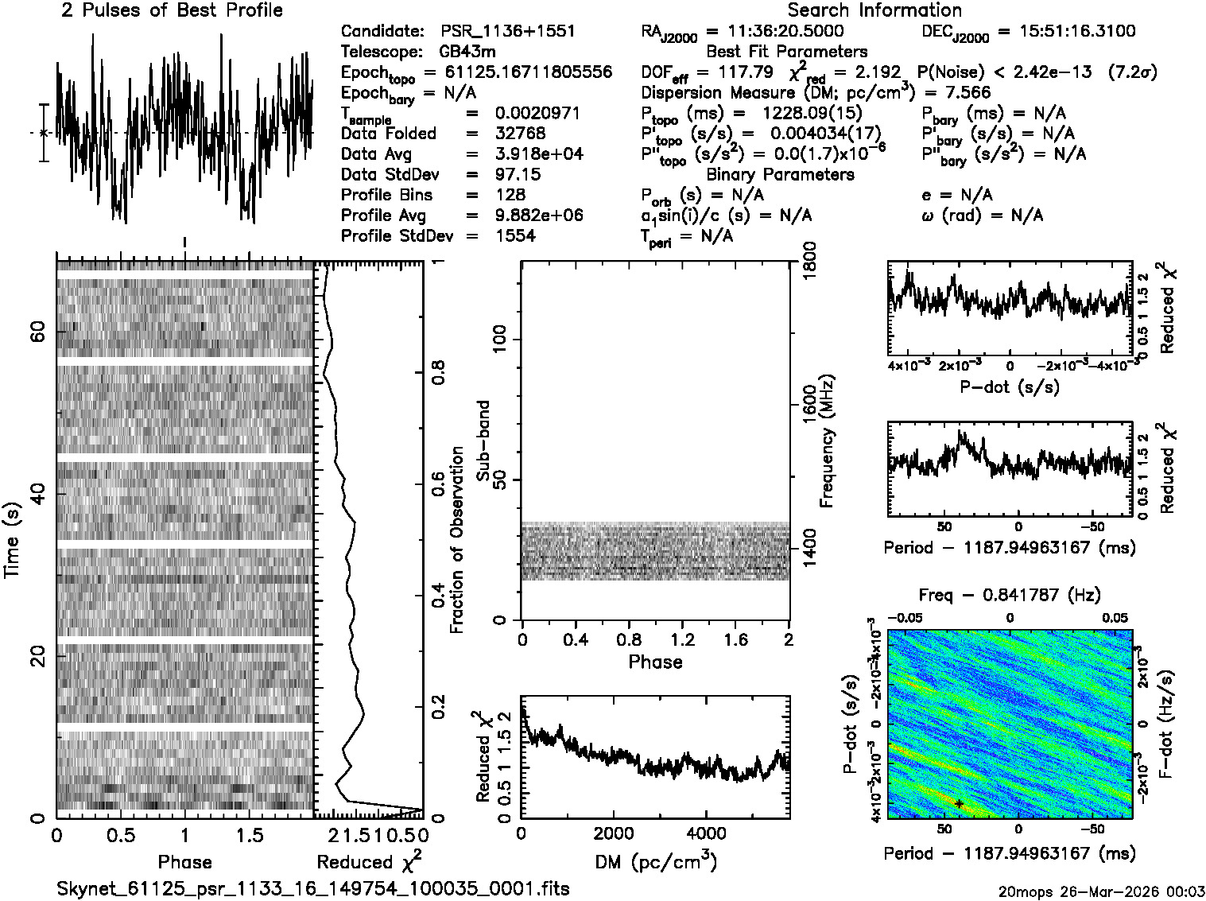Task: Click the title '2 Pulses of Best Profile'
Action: (x=172, y=10)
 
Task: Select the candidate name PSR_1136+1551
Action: (x=508, y=32)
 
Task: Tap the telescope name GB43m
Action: (x=468, y=52)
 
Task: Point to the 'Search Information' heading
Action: (x=874, y=10)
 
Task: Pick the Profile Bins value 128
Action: (x=510, y=195)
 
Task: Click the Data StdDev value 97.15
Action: (x=517, y=174)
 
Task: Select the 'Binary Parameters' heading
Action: (x=780, y=174)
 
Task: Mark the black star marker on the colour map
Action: (x=960, y=804)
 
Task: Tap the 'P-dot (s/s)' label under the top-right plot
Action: (x=1010, y=387)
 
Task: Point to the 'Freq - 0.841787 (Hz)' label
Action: (x=1010, y=595)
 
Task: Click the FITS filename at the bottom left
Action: (x=313, y=888)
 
